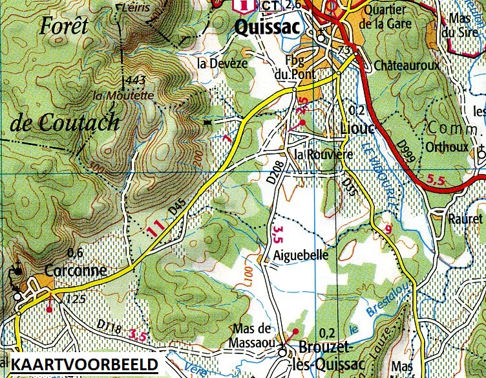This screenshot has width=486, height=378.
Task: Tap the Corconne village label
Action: (x=76, y=269)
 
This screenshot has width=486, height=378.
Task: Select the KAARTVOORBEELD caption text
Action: (x=85, y=363)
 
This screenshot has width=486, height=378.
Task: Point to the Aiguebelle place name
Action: (x=302, y=255)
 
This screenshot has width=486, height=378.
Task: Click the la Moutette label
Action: (x=123, y=95)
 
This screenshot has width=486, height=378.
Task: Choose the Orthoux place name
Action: (x=447, y=147)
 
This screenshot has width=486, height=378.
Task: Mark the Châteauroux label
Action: (x=407, y=66)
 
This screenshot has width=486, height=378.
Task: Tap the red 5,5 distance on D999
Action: (x=437, y=179)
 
